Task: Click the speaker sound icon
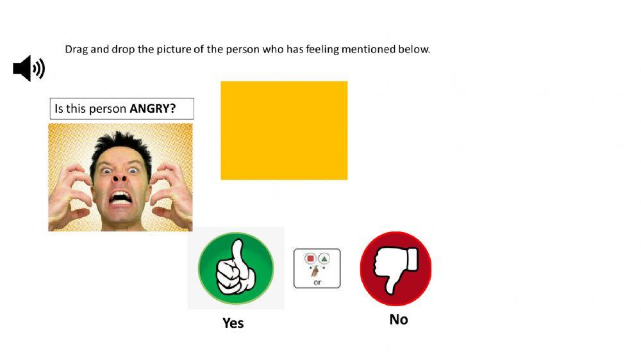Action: pyautogui.click(x=29, y=69)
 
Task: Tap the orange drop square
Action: pyautogui.click(x=284, y=130)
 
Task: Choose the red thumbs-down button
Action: pyautogui.click(x=395, y=269)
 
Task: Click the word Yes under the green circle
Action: pyautogui.click(x=233, y=323)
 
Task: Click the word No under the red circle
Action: pyautogui.click(x=398, y=320)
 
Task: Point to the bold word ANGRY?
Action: pyautogui.click(x=153, y=108)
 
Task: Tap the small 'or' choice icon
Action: pyautogui.click(x=317, y=268)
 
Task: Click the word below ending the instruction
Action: pyautogui.click(x=415, y=49)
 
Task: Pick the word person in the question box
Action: pyautogui.click(x=108, y=109)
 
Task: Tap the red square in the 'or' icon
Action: pyautogui.click(x=310, y=259)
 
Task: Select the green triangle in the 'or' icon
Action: pyautogui.click(x=324, y=259)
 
